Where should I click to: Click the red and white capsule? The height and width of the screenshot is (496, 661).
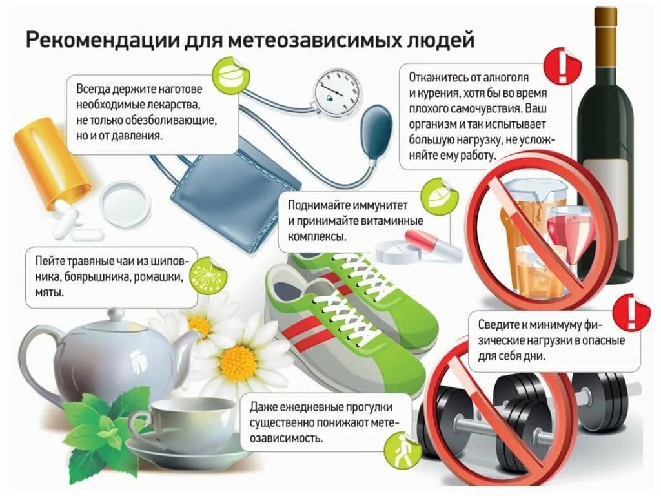pyautogui.click(x=431, y=246)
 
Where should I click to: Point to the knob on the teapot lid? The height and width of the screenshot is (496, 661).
pyautogui.click(x=116, y=314)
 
